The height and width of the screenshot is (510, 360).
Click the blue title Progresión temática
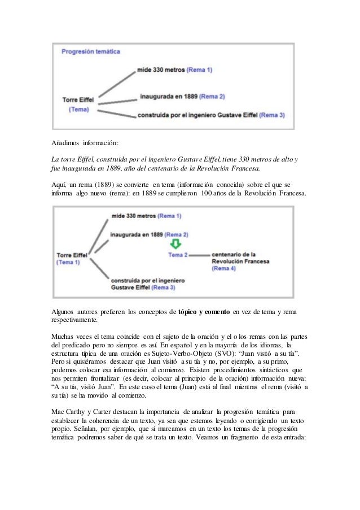coord(91,51)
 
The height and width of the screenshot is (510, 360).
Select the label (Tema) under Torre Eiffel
coord(78,110)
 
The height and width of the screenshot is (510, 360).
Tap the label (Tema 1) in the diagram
coord(68,262)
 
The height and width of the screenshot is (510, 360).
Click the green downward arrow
coord(175,244)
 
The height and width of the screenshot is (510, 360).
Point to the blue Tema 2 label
coord(178,255)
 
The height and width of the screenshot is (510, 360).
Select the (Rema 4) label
coord(223,269)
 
